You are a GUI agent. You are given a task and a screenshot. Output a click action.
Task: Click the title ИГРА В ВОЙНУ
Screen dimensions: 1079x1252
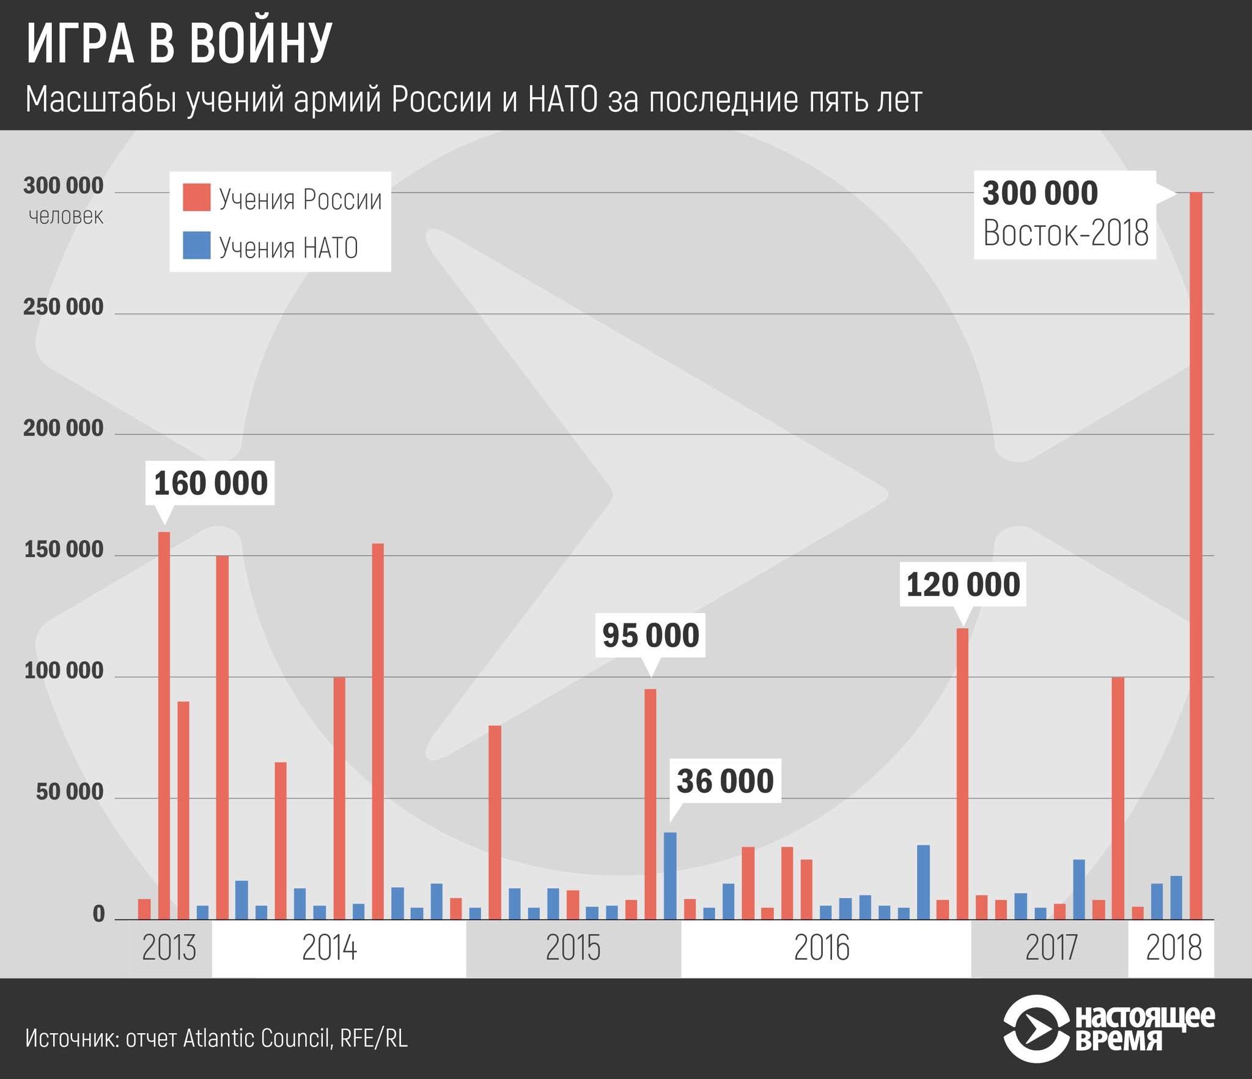179,44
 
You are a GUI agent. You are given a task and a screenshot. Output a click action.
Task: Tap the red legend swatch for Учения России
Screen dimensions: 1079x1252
196,198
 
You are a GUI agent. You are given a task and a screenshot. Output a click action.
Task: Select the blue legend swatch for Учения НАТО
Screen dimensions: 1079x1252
196,245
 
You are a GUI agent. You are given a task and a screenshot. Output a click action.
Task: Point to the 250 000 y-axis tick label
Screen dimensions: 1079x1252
64,307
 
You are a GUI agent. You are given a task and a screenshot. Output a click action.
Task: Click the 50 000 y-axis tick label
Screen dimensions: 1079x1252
70,792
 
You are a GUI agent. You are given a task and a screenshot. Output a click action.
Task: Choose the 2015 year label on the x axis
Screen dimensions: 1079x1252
573,948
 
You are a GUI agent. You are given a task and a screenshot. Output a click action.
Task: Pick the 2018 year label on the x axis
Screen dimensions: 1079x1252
1173,948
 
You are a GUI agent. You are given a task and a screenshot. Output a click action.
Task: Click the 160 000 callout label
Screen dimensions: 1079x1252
210,483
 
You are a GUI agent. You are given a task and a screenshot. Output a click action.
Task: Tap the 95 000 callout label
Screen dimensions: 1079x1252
650,635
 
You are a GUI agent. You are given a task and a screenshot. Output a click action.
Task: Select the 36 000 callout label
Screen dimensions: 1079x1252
725,781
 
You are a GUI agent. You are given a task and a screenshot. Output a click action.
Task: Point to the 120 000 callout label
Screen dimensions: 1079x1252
963,584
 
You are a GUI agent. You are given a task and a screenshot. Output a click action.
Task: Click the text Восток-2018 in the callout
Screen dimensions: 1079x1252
1066,234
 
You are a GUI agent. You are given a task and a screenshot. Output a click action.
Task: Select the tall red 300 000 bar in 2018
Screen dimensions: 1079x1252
1196,551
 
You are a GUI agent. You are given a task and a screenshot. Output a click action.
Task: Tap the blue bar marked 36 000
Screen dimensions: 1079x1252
670,875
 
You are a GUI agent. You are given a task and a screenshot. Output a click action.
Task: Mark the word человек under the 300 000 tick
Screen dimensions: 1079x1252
66,216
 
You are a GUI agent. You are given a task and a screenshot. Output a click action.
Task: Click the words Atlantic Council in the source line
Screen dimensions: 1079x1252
257,1038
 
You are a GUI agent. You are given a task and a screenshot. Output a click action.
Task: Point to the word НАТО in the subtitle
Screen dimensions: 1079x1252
562,100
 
